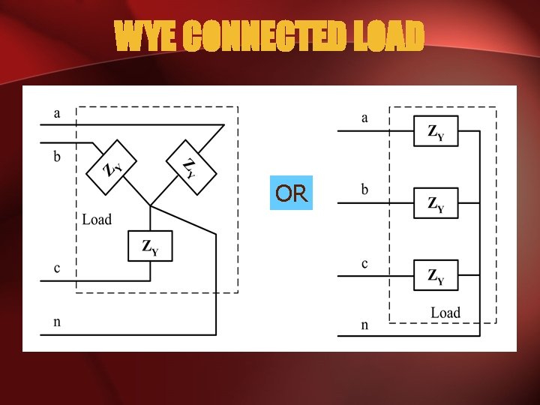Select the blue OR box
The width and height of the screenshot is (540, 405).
(291, 193)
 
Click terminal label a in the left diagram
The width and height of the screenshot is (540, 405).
(57, 114)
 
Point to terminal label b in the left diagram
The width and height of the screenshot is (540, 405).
(57, 158)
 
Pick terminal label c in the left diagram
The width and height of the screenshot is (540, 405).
(57, 268)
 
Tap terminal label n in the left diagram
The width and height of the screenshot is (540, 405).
(57, 322)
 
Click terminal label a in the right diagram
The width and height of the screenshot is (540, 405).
(365, 118)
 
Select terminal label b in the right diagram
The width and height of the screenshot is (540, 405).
(365, 190)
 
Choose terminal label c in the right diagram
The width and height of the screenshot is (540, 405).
(365, 264)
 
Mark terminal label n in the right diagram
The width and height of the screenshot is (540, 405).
(365, 325)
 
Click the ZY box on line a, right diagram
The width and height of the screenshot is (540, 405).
(436, 131)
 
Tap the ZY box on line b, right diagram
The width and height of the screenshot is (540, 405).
(436, 203)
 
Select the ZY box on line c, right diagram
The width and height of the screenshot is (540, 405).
(436, 275)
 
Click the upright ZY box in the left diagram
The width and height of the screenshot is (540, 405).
(150, 246)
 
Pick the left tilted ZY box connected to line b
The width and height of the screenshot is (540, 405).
(113, 166)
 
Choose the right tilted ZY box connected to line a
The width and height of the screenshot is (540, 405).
(190, 166)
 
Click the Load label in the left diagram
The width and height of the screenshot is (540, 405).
(97, 219)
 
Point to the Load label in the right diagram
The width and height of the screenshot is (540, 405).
(445, 313)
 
